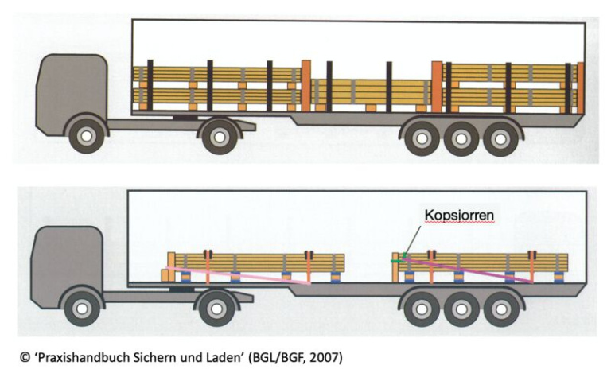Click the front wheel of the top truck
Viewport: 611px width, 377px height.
84,136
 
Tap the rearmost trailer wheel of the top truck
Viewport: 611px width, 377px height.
501,137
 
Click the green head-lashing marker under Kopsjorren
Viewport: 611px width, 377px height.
396,258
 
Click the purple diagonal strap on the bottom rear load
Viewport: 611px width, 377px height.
469,268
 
